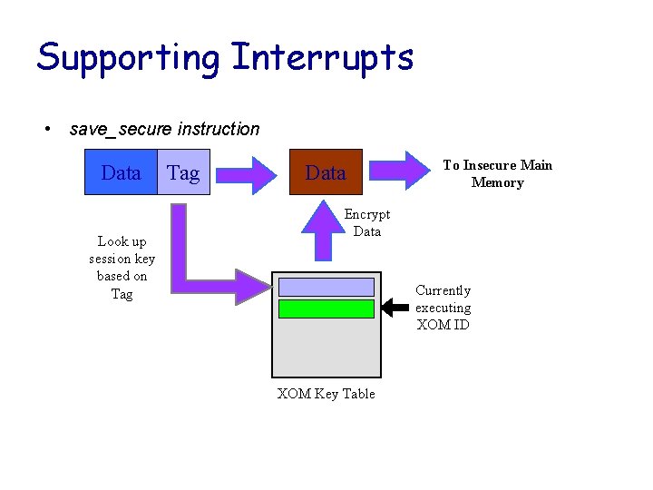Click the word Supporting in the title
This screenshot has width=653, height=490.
point(128,58)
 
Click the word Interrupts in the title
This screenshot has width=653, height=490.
point(323,58)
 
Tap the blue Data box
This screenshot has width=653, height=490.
point(121,172)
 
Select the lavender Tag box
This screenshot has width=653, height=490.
point(183,173)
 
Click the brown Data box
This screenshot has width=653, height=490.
point(326,172)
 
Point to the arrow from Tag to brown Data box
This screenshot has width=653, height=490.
point(249,171)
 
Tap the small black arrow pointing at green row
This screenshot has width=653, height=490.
point(395,309)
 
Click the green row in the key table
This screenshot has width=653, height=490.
point(326,309)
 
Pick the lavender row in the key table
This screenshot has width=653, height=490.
point(326,287)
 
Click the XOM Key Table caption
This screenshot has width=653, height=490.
point(326,393)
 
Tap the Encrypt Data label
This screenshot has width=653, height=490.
point(367,222)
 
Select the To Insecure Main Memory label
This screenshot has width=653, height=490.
point(497,173)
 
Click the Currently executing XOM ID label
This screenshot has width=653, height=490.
point(443,308)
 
